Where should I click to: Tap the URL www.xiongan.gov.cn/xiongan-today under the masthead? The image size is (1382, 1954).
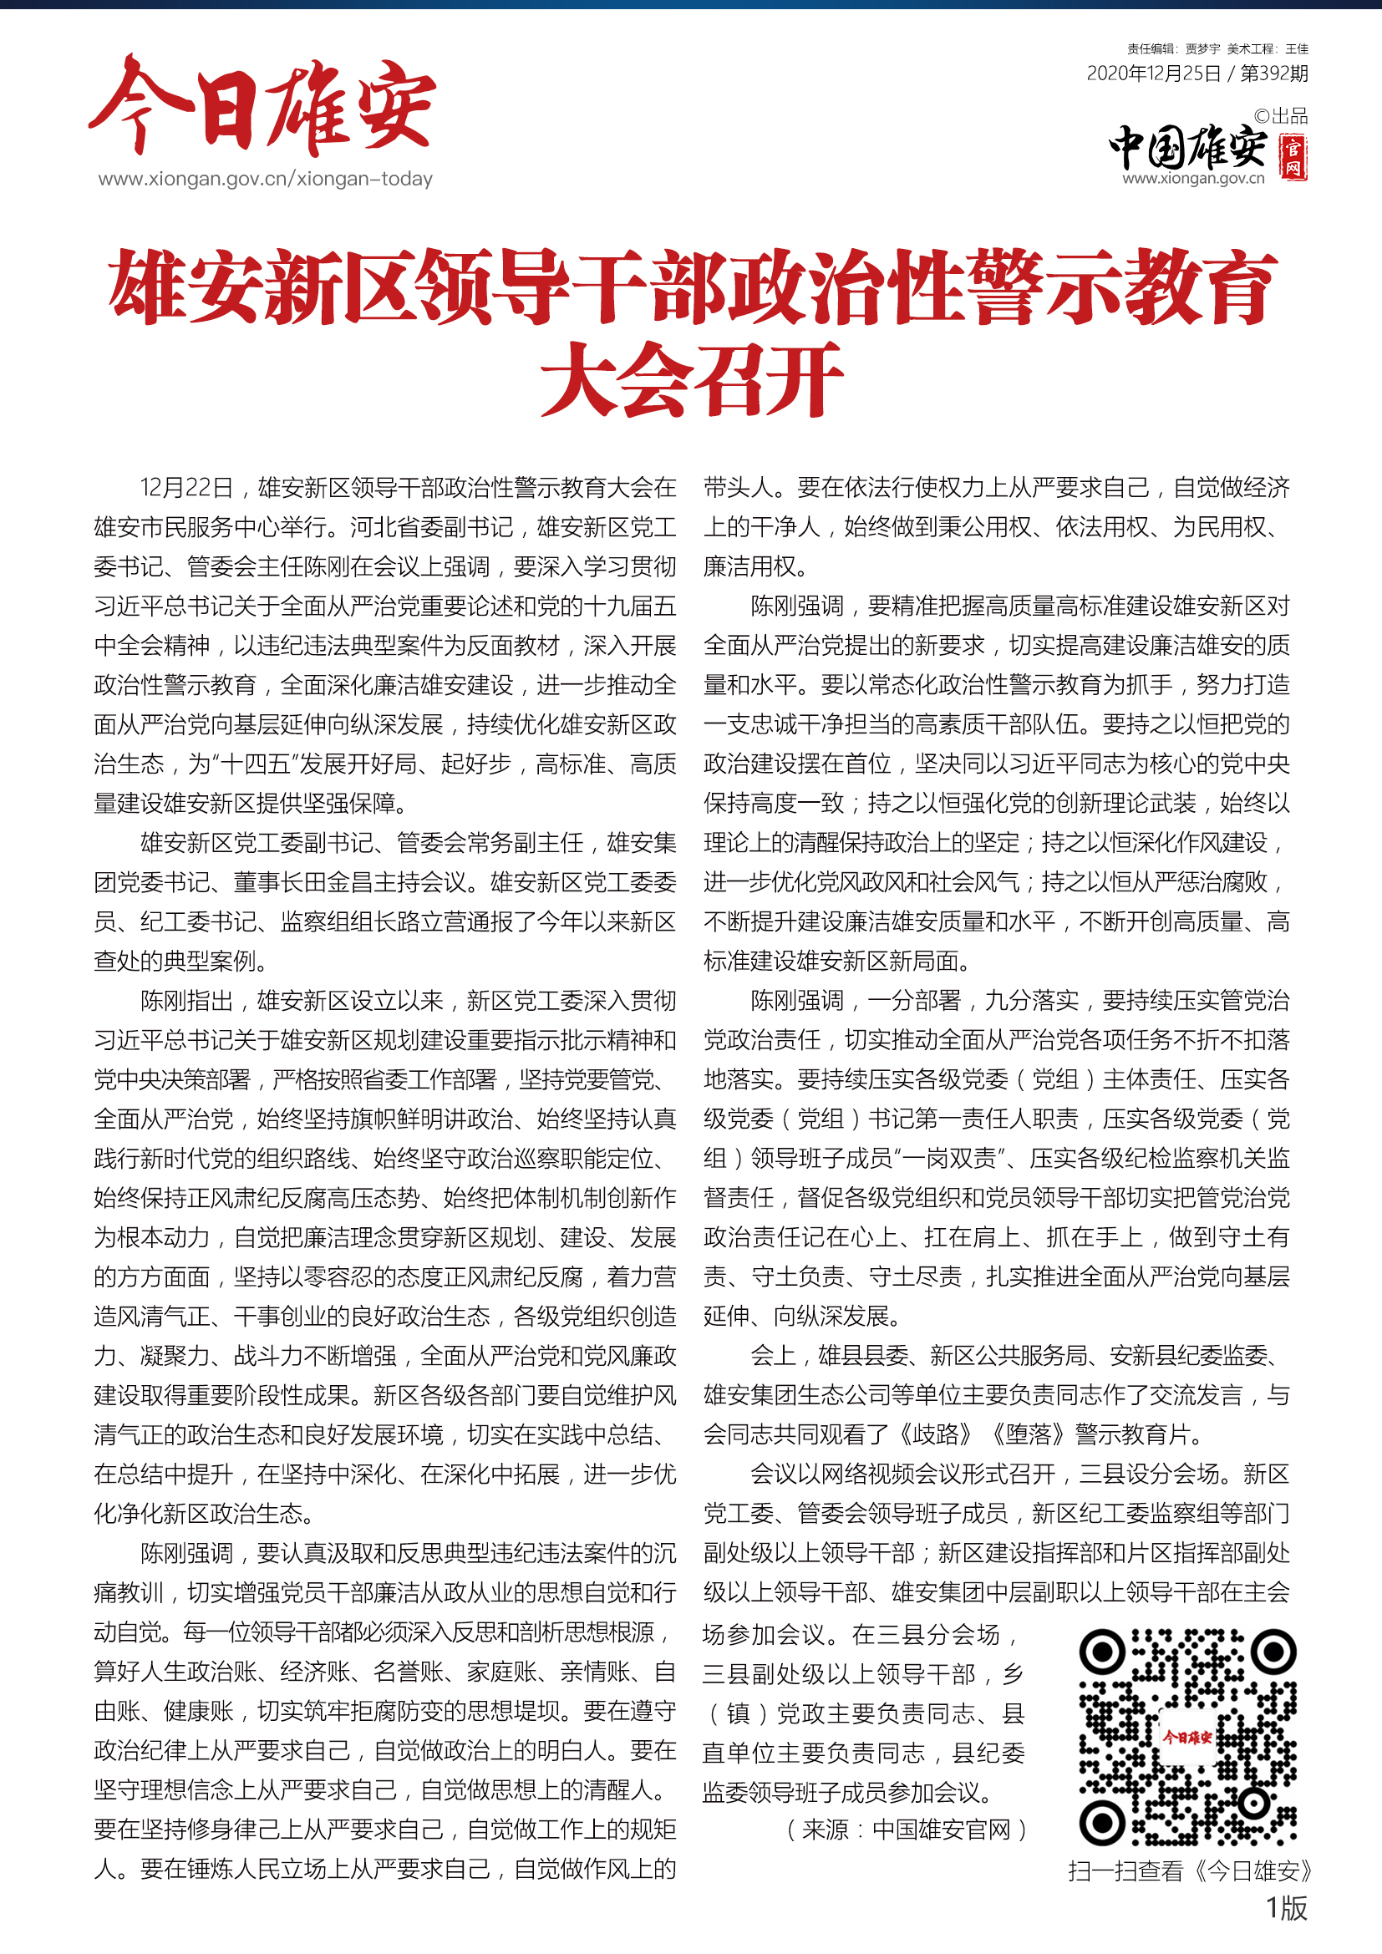266,179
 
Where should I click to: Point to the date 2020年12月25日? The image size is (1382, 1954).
1153,74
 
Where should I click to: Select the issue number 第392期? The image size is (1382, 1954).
1274,74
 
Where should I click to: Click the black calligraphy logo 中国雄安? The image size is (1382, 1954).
1188,147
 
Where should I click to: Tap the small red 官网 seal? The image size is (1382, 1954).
1293,157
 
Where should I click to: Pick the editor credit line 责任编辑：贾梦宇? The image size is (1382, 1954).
1173,49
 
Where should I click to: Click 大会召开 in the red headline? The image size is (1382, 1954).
691,379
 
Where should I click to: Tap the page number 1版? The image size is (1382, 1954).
1287,1908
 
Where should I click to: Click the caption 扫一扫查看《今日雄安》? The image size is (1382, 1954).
1191,1870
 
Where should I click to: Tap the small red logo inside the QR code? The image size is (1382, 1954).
1187,1737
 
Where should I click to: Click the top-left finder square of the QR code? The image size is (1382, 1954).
1103,1652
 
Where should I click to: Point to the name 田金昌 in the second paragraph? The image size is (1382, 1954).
339,881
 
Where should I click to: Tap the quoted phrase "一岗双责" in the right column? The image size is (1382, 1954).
953,1158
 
